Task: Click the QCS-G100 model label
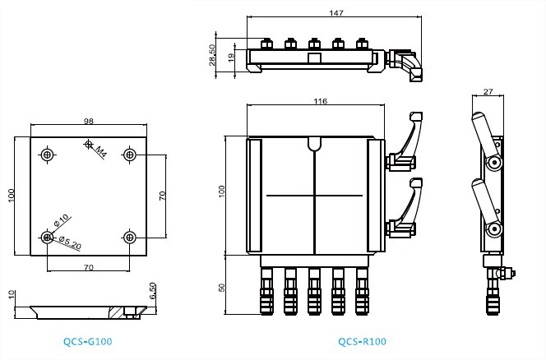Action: click(x=88, y=342)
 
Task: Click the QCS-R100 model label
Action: click(x=362, y=342)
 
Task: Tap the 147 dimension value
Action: click(x=336, y=13)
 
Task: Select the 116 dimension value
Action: click(x=321, y=101)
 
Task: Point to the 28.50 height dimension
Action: click(x=211, y=55)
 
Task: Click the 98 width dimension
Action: click(x=89, y=121)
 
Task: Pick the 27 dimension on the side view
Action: click(x=488, y=91)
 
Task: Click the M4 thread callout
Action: click(x=101, y=152)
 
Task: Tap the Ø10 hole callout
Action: click(x=62, y=221)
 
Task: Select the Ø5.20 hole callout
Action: click(x=70, y=242)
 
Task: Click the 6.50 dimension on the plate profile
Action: click(x=152, y=291)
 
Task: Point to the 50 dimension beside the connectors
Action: click(x=222, y=288)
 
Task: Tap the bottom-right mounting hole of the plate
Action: click(x=130, y=238)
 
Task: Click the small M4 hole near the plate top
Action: click(x=89, y=143)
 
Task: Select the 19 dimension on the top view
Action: click(x=231, y=58)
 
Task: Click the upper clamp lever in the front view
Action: click(x=405, y=143)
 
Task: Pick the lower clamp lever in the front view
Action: click(x=405, y=209)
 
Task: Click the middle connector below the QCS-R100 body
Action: click(x=314, y=291)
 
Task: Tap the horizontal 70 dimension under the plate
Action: click(x=89, y=267)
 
